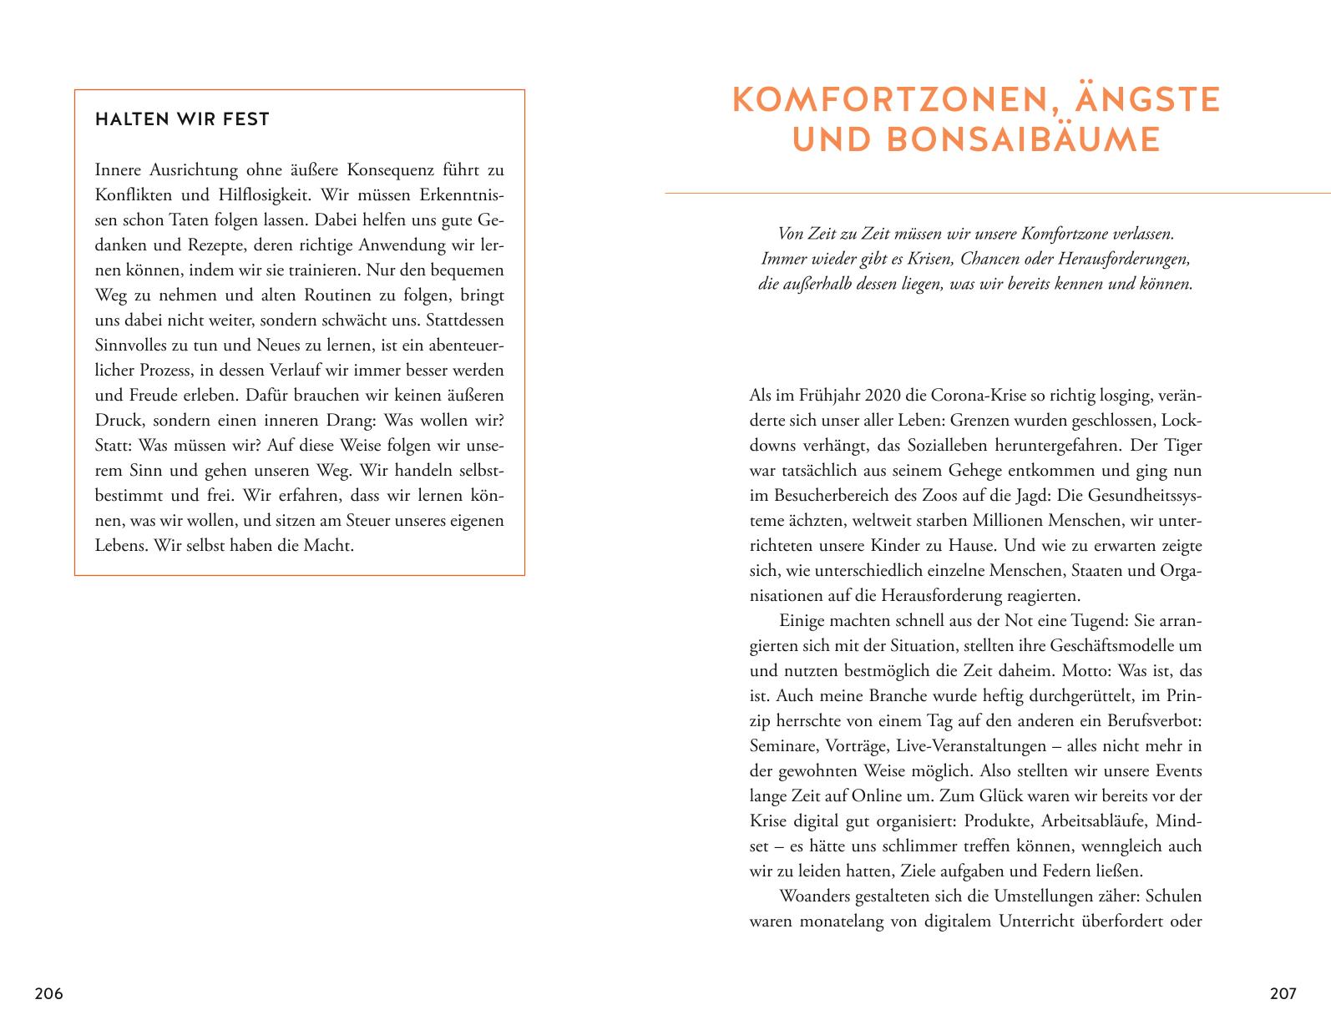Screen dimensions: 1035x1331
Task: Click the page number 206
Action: tap(48, 994)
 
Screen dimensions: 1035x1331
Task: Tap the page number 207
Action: tap(1283, 994)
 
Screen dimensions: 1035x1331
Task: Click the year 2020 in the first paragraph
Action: tap(886, 396)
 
